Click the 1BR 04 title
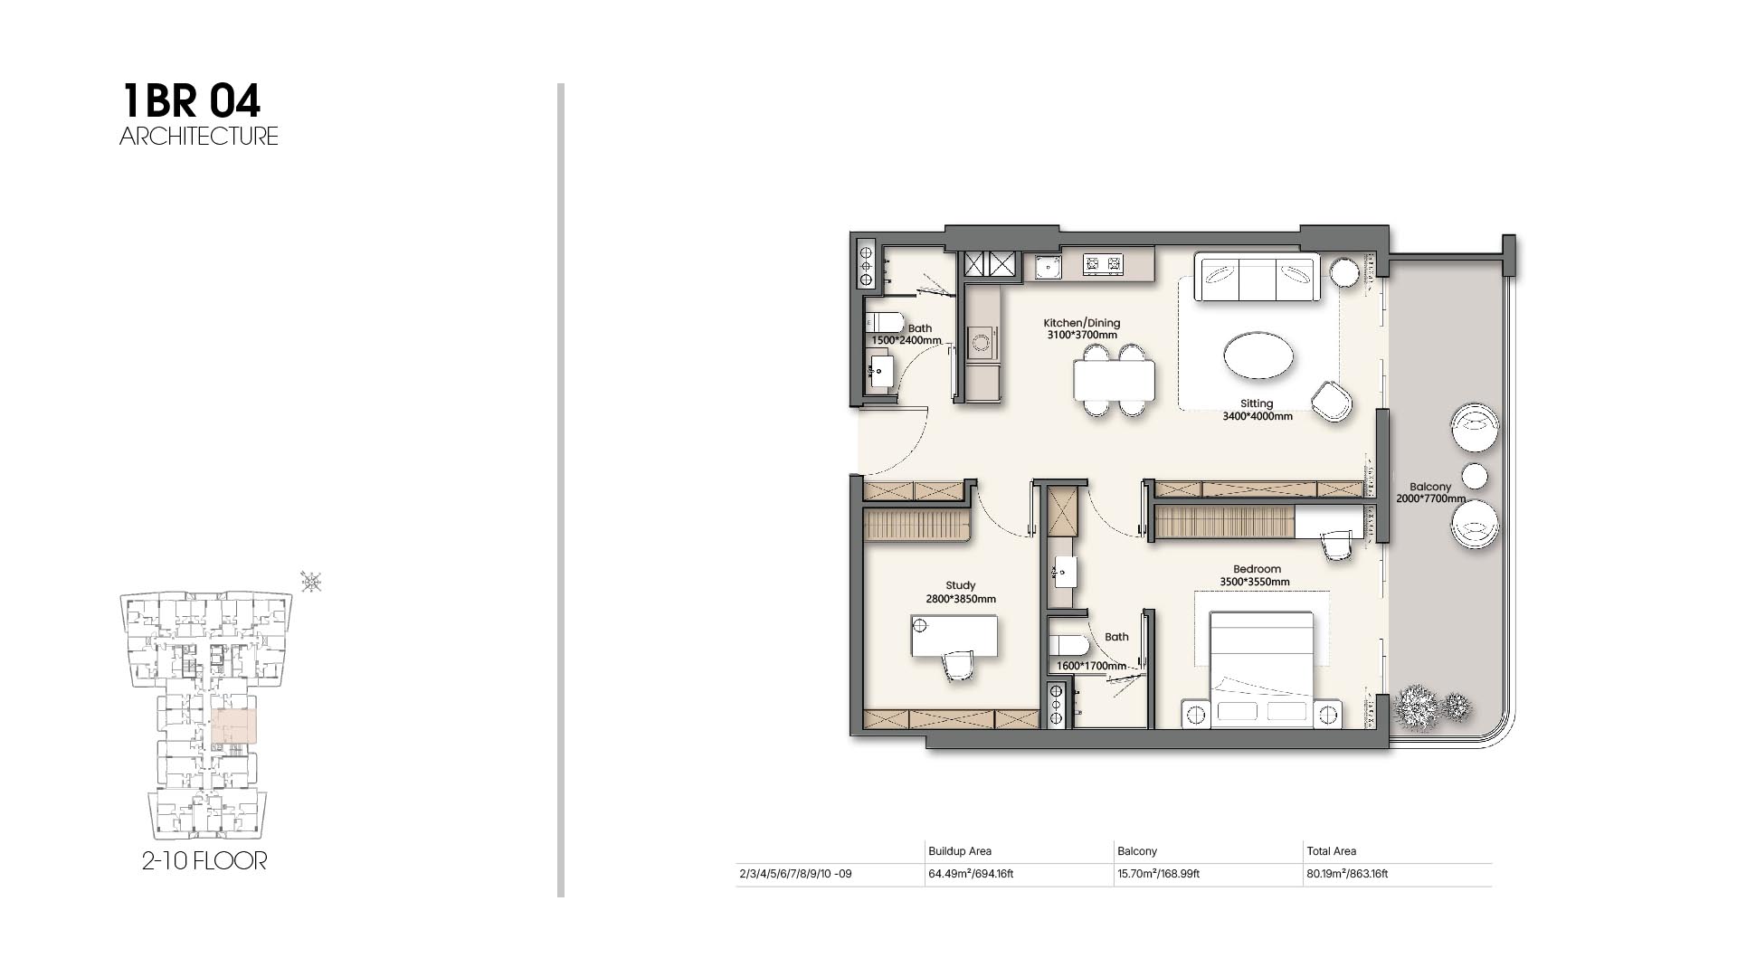point(191,100)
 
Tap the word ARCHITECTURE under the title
point(199,137)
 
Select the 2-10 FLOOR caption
point(204,860)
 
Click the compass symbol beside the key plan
point(310,582)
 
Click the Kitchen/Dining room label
point(1082,323)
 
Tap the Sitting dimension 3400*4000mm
point(1258,417)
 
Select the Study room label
point(961,586)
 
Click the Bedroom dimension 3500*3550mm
point(1255,583)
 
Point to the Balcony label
point(1430,487)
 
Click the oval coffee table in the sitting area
point(1258,356)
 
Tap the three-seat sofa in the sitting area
point(1257,278)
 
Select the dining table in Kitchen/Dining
point(1115,380)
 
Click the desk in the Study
point(954,636)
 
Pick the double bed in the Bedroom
point(1261,669)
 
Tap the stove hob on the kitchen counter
point(1103,264)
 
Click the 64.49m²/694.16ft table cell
point(971,874)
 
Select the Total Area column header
point(1331,851)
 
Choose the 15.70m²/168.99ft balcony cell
point(1158,874)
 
